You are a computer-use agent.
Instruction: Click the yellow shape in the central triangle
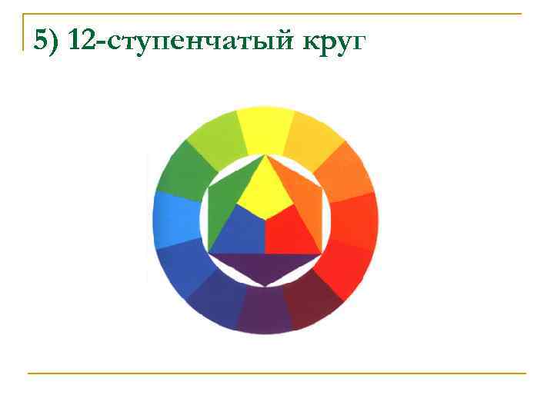click(x=265, y=192)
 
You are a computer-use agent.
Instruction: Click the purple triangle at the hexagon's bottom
click(x=265, y=267)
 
